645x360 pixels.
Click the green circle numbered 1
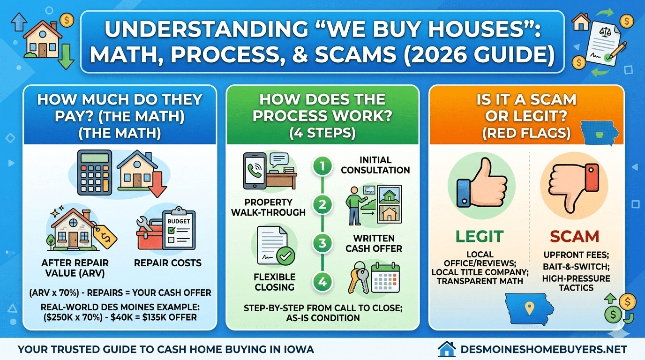pyautogui.click(x=322, y=166)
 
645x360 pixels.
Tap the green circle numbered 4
pyautogui.click(x=322, y=282)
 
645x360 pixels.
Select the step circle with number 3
pyautogui.click(x=322, y=243)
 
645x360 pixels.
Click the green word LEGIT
pyautogui.click(x=480, y=236)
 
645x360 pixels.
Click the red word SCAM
pyautogui.click(x=575, y=236)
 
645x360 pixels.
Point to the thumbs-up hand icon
pyautogui.click(x=481, y=183)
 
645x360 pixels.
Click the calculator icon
pyautogui.click(x=94, y=172)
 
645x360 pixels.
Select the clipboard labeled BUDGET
pyautogui.click(x=179, y=229)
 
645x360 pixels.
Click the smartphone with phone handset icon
pyautogui.click(x=255, y=171)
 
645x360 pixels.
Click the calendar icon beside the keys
pyautogui.click(x=385, y=278)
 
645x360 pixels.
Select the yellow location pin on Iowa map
pyautogui.click(x=529, y=308)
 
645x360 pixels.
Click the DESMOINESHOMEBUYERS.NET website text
pyautogui.click(x=544, y=349)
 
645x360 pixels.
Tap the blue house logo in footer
pyautogui.click(x=447, y=349)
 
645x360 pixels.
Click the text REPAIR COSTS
pyautogui.click(x=168, y=263)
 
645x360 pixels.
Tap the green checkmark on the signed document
pyautogui.click(x=285, y=256)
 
